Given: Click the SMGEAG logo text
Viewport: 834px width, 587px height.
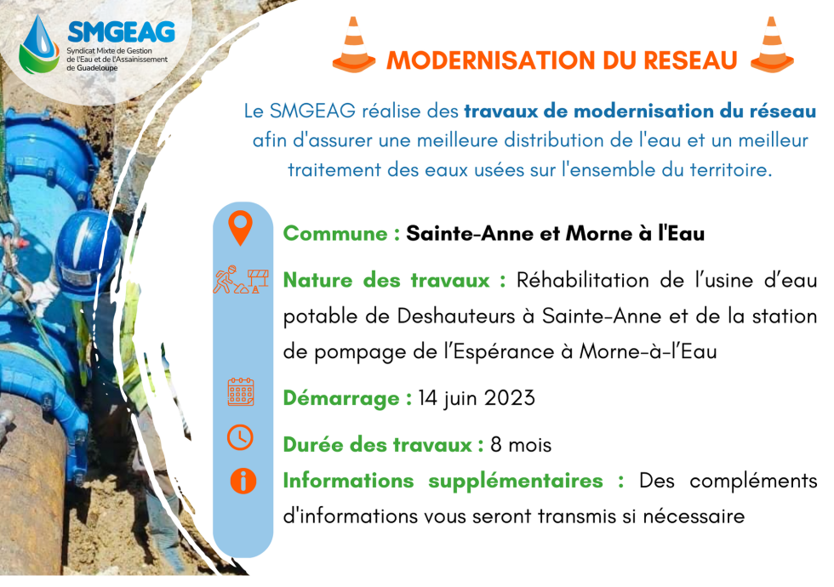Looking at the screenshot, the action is tap(121, 32).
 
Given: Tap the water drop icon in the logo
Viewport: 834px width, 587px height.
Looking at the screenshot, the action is tap(39, 44).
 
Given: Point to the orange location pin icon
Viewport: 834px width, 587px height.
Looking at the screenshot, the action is tap(240, 228).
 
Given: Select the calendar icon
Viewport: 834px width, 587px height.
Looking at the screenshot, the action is tap(241, 392).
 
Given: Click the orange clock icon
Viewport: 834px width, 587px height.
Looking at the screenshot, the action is tap(240, 437).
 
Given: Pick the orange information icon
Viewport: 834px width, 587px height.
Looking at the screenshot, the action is tap(243, 482).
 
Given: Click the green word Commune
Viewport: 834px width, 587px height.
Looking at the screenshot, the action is tap(335, 233).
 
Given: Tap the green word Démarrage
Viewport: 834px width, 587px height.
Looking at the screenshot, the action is tap(341, 398).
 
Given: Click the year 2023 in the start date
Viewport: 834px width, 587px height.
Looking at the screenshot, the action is tap(510, 398).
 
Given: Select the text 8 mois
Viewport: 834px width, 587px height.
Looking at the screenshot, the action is tap(521, 444).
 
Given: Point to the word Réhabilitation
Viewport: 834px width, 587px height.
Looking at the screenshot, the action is tap(582, 280).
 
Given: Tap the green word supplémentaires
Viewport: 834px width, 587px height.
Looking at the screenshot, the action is tap(516, 482).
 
